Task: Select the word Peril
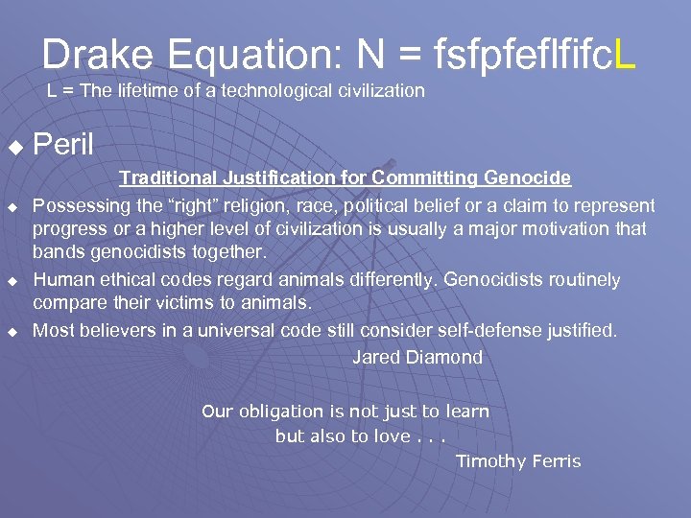[x=63, y=146]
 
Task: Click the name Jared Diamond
[x=417, y=357]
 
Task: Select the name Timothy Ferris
[x=518, y=461]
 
